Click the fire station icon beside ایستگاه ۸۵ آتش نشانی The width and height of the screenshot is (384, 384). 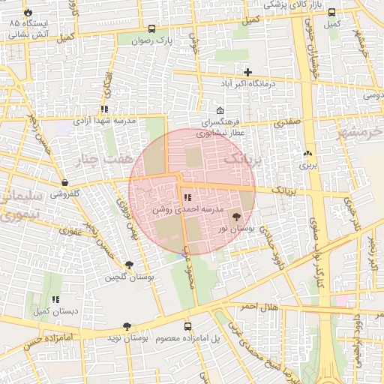(28, 13)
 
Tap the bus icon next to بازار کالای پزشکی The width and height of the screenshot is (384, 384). (331, 11)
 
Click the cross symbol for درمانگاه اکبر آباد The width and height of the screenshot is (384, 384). (247, 73)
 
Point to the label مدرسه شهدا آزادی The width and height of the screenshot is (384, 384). (103, 120)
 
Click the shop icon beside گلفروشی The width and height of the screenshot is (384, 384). (65, 182)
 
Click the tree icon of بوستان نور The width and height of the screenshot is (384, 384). (238, 215)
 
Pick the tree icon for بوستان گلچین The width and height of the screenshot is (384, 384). (130, 265)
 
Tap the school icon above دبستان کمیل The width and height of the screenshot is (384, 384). (55, 299)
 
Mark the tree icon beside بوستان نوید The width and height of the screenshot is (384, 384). (126, 326)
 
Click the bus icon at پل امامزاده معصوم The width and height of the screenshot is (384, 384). (187, 326)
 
